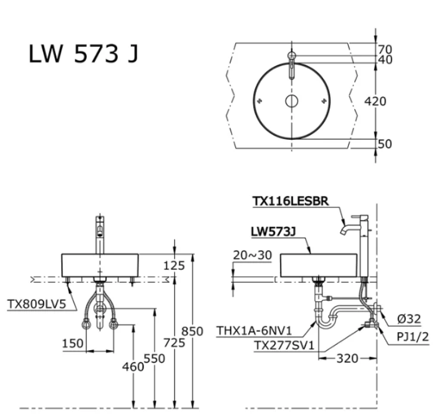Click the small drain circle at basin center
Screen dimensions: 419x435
point(291,100)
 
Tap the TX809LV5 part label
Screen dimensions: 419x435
point(36,304)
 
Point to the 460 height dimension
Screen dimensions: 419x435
point(134,367)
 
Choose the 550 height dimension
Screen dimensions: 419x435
point(155,358)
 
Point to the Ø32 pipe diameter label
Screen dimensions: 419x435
point(409,319)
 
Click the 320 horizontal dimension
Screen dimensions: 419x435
point(348,359)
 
